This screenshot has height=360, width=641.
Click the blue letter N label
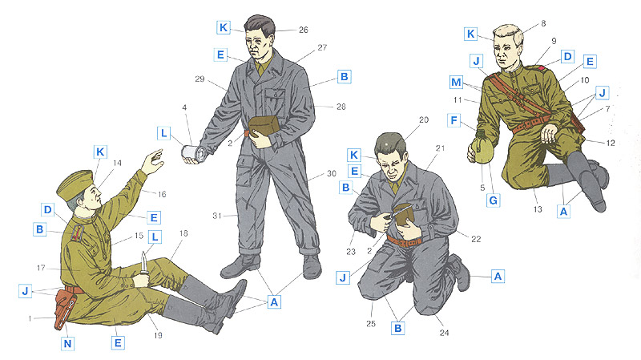tap(68, 343)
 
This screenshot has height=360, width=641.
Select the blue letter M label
tap(456, 83)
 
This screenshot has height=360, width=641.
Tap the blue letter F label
tap(454, 120)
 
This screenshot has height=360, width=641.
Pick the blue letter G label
tap(494, 200)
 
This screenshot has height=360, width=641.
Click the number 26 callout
tap(304, 30)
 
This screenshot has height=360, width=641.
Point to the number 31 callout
tap(217, 216)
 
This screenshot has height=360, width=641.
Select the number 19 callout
tap(158, 335)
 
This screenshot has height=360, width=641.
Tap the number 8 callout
tap(543, 23)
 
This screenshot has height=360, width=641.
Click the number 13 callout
tap(538, 209)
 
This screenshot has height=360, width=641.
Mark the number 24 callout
tap(445, 333)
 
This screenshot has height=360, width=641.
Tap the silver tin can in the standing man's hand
tap(195, 153)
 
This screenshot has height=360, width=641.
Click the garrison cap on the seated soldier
tap(75, 184)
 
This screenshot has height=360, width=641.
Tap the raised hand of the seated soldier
tap(153, 161)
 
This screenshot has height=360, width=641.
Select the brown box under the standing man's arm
tap(264, 126)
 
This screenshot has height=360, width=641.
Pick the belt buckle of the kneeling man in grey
tap(405, 243)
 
